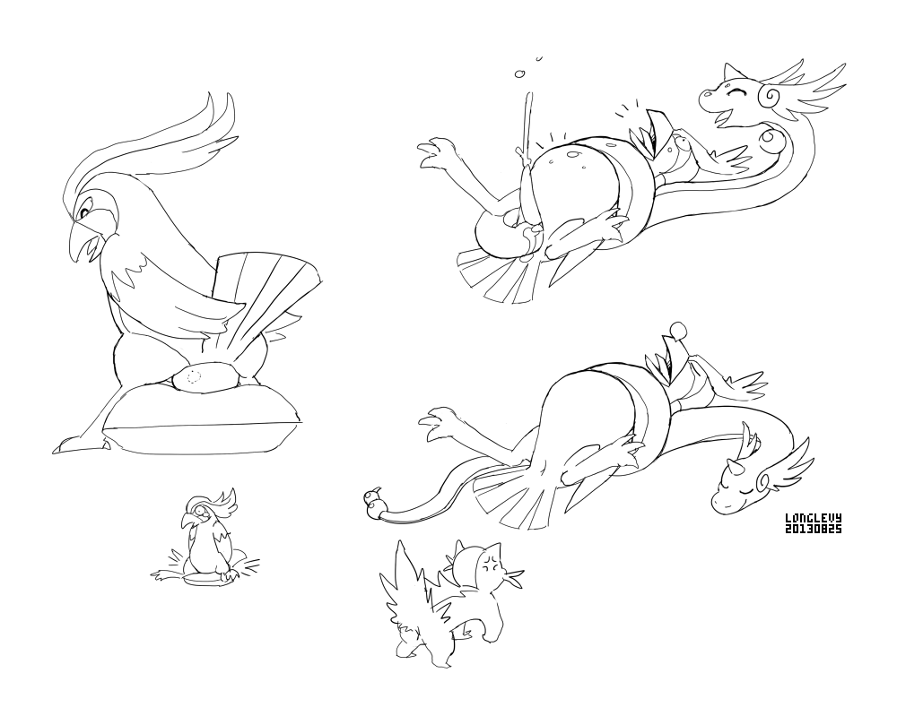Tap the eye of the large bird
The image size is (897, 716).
click(x=83, y=212)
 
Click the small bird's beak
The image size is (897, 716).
click(x=187, y=520)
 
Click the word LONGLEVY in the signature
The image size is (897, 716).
click(x=813, y=518)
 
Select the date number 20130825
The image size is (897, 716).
click(x=813, y=529)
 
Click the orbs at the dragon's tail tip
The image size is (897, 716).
click(x=374, y=499)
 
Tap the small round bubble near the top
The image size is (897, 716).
click(x=520, y=73)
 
